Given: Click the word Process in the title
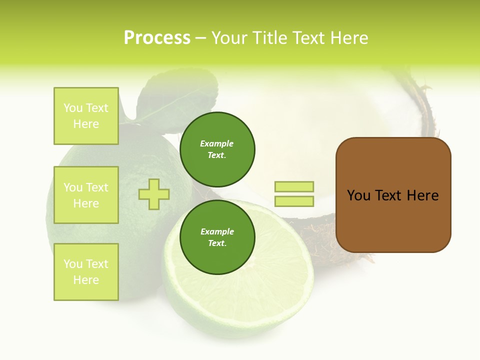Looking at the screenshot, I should (157, 38).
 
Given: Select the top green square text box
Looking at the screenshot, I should (86, 115).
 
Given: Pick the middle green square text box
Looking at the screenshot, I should (86, 195).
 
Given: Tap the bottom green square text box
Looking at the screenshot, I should (86, 271).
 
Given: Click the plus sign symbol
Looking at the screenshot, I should (154, 194).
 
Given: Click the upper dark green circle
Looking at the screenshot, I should (217, 149).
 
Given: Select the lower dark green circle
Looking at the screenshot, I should (217, 237).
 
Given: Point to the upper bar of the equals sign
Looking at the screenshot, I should (294, 186).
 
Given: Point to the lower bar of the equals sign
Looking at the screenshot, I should (294, 201).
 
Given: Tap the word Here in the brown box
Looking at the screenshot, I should (422, 195).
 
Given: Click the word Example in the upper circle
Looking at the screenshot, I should (217, 143).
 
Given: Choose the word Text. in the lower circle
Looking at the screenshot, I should (217, 243).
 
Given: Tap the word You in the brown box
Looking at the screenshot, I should (358, 195).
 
